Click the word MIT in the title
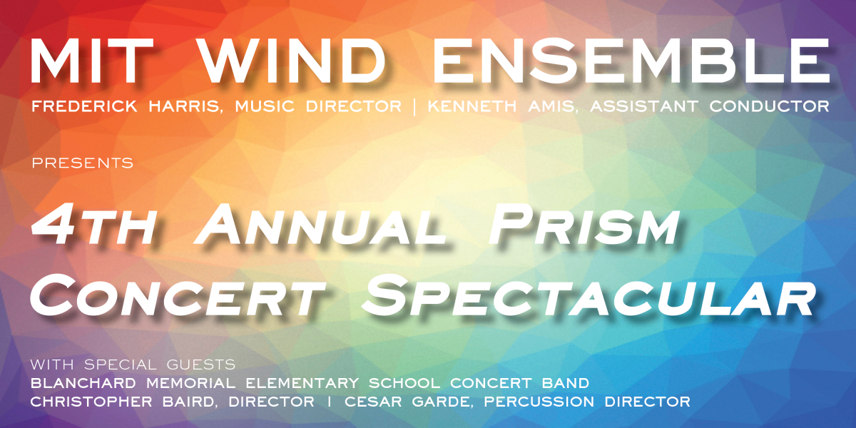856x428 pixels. pyautogui.click(x=92, y=61)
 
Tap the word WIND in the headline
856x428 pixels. pyautogui.click(x=292, y=61)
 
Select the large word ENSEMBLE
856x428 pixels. pyautogui.click(x=631, y=61)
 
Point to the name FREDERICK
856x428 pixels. pyautogui.click(x=84, y=106)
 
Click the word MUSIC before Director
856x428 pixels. pyautogui.click(x=265, y=106)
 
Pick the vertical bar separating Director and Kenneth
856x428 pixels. pyautogui.click(x=414, y=106)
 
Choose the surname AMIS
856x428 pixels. pyautogui.click(x=551, y=106)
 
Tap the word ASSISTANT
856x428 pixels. pyautogui.click(x=644, y=106)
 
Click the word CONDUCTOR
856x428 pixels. pyautogui.click(x=769, y=106)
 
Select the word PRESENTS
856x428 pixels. pyautogui.click(x=83, y=163)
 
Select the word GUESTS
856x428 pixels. pyautogui.click(x=201, y=365)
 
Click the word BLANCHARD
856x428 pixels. pyautogui.click(x=83, y=383)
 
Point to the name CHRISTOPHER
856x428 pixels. pyautogui.click(x=91, y=402)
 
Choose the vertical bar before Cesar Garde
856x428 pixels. pyautogui.click(x=330, y=402)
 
